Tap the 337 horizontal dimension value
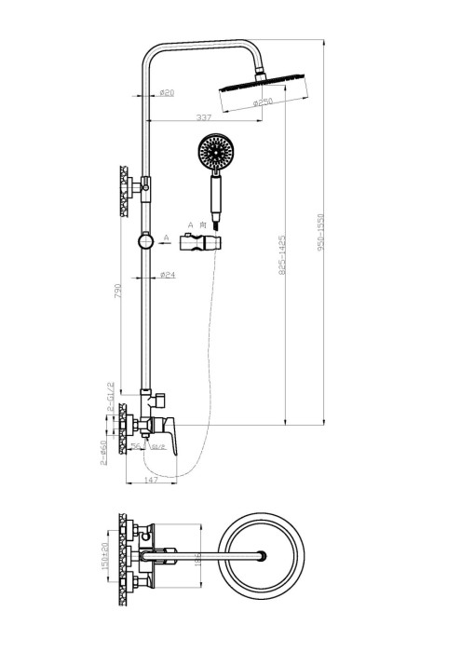[206, 116]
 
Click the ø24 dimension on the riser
[169, 275]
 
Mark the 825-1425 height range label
[280, 266]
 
